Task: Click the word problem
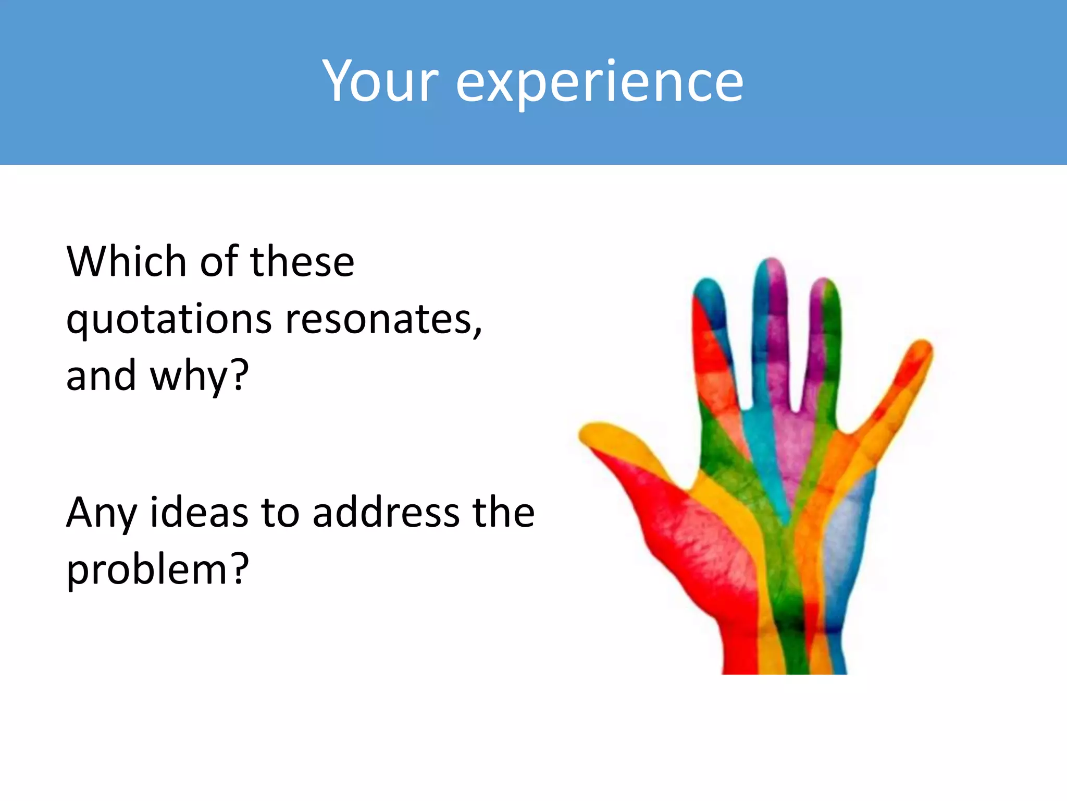(x=146, y=569)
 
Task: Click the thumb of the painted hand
(x=625, y=448)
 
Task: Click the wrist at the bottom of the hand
(x=784, y=652)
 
